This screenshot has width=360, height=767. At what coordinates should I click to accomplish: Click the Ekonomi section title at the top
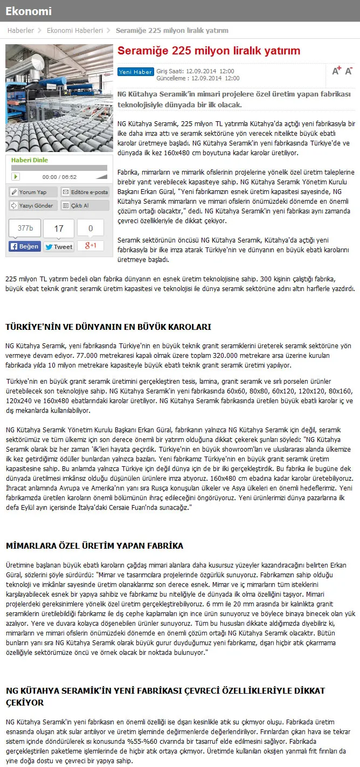(29, 11)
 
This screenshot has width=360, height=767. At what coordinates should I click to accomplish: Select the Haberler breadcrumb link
(20, 31)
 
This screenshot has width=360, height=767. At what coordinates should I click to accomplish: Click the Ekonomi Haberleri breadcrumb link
(75, 31)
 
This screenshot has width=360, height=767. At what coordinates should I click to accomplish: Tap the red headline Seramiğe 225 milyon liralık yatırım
(209, 51)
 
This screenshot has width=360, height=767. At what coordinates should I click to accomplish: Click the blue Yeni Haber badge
(135, 71)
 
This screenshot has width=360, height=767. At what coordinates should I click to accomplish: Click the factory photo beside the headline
(59, 98)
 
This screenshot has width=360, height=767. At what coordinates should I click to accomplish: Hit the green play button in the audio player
(16, 176)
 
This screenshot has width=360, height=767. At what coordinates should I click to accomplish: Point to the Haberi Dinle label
(30, 160)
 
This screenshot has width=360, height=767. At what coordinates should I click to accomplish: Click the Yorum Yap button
(33, 192)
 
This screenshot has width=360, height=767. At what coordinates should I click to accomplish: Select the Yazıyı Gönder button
(33, 205)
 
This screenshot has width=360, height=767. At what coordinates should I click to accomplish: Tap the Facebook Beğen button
(25, 246)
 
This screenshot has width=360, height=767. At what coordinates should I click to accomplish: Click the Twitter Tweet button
(58, 246)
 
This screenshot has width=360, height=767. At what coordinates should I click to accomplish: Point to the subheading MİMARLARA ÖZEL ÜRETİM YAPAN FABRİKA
(94, 546)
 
